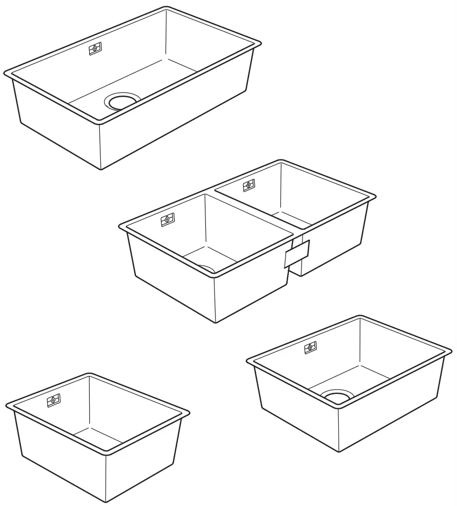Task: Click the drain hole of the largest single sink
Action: [x=123, y=101]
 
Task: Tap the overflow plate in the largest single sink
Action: [x=94, y=48]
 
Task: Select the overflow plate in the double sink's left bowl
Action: [x=167, y=218]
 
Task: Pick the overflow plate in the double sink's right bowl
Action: [x=248, y=185]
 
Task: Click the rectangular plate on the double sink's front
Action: [x=297, y=253]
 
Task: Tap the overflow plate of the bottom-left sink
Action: [x=54, y=400]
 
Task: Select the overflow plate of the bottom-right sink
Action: [x=311, y=348]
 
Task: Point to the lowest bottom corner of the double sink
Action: [x=215, y=322]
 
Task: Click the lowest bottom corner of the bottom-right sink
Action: [x=338, y=452]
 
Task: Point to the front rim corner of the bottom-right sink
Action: [x=338, y=407]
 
